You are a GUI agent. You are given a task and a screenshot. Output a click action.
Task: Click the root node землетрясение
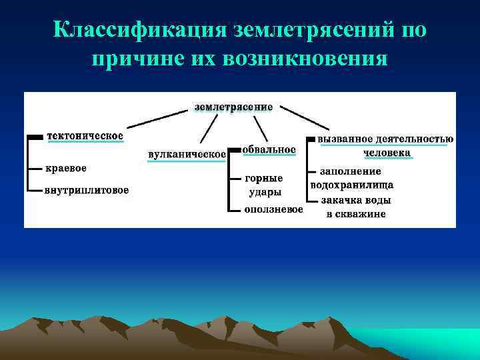pos(233,107)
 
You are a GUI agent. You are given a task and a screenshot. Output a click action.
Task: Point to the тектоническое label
pos(85,136)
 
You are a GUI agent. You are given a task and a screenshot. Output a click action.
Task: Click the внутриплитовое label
pos(87,191)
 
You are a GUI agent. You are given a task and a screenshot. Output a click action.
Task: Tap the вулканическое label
pos(187,155)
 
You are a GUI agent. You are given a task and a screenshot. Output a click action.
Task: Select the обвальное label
pos(269,150)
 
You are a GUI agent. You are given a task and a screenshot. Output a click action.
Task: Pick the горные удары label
pos(265,185)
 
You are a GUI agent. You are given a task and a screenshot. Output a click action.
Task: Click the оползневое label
pos(273,209)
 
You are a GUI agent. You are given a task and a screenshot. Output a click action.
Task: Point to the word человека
pos(387,153)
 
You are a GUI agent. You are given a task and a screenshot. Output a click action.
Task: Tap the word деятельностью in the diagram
pos(413,139)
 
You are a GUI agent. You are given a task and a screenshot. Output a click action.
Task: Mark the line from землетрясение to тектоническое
pos(160,119)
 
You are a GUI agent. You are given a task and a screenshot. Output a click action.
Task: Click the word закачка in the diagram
pos(340,200)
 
